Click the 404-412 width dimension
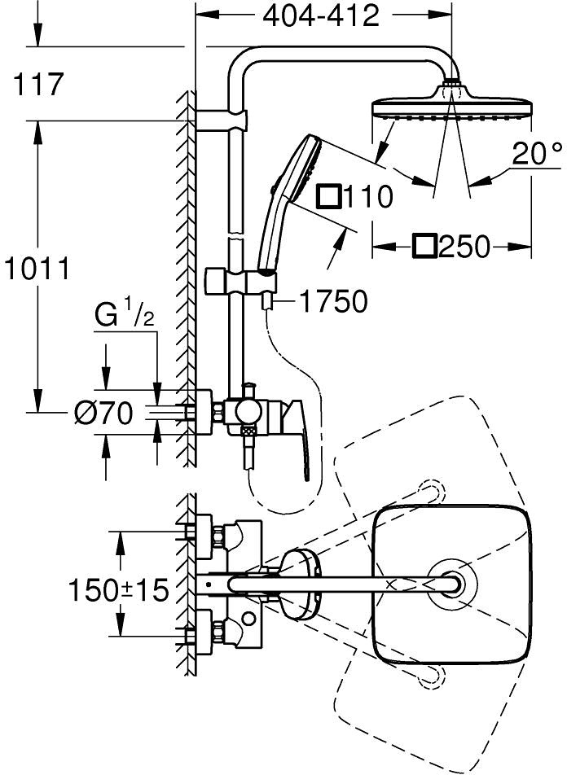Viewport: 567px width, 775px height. pos(321,16)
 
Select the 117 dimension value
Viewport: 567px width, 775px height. pos(38,84)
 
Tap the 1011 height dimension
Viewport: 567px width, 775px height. pos(37,269)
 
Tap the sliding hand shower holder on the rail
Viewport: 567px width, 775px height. pos(241,280)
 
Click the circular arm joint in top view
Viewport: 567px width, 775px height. pos(452,584)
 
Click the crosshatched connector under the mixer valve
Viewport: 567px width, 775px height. pos(248,431)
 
